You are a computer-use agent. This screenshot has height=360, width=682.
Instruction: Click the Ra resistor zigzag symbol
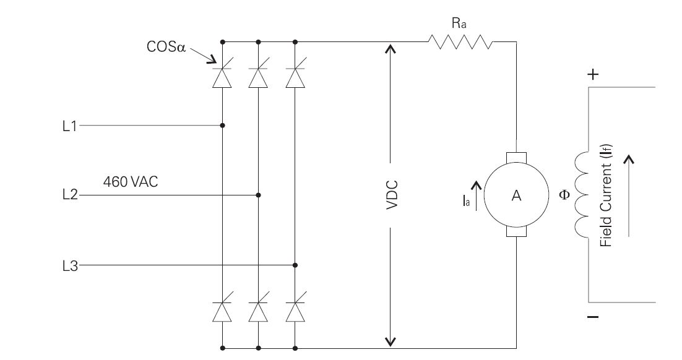[460, 42]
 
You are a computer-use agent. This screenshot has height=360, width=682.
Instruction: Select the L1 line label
[70, 126]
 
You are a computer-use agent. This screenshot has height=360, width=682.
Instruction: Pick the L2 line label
[70, 195]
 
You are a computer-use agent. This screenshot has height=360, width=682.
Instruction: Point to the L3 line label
[70, 265]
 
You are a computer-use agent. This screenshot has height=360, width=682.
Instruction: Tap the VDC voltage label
[391, 195]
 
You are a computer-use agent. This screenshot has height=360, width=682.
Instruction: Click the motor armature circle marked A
[516, 195]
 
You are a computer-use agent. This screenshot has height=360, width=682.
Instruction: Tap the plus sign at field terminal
[593, 75]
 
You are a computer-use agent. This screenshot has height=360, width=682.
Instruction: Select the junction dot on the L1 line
[222, 126]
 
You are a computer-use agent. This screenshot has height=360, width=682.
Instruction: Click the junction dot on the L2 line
[259, 195]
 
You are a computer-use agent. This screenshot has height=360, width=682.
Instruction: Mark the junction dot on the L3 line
[295, 265]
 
